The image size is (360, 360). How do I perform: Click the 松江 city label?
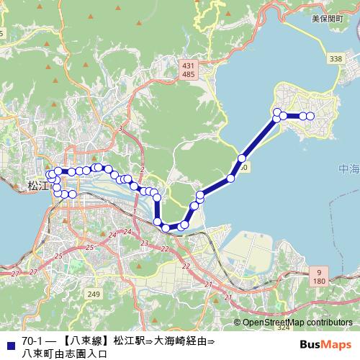[36, 185]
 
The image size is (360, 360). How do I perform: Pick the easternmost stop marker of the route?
[310, 116]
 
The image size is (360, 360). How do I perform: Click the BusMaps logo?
[326, 344]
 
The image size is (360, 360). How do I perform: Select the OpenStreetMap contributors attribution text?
[298, 323]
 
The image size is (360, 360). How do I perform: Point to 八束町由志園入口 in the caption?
[64, 353]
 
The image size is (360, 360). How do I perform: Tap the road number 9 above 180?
[318, 271]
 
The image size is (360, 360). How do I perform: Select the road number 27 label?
[16, 274]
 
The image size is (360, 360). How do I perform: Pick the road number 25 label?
[89, 248]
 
